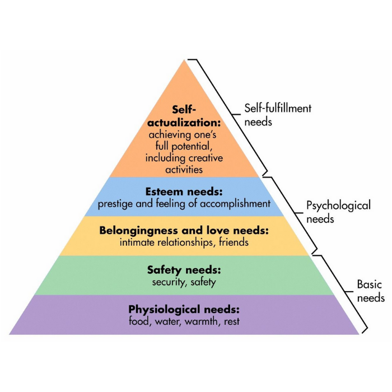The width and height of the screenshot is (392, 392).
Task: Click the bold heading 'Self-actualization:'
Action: [x=184, y=116]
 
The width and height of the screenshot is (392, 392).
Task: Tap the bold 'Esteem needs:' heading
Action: [x=184, y=192]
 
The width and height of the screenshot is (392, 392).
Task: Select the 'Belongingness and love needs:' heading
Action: [x=184, y=230]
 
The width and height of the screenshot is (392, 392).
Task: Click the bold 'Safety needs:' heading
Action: [x=184, y=270]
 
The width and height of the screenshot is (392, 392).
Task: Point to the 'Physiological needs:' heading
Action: [x=184, y=310]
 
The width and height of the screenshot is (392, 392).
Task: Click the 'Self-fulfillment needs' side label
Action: [x=278, y=115]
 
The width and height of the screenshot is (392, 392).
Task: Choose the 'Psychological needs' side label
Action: [x=338, y=212]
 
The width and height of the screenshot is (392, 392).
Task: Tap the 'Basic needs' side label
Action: [x=371, y=291]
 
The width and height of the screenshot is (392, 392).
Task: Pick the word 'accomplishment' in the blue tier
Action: [x=235, y=204]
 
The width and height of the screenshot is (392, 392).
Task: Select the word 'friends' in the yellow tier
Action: [x=234, y=242]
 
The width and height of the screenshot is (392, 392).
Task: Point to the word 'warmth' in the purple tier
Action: [x=202, y=321]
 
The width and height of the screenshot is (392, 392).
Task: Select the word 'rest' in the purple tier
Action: [x=232, y=321]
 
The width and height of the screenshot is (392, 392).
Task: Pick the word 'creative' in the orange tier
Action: [x=206, y=158]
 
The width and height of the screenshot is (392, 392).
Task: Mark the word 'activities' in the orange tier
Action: [x=184, y=170]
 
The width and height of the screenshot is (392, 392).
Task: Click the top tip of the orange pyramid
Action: [x=184, y=59]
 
